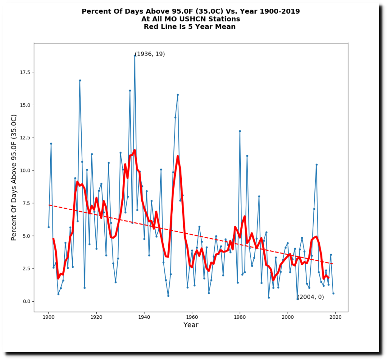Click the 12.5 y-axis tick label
(25, 138)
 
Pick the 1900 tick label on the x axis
(48, 317)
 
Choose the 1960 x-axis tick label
(192, 317)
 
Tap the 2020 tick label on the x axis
(336, 317)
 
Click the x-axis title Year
(191, 325)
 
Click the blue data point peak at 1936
(135, 56)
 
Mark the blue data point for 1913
(80, 80)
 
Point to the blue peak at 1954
(178, 95)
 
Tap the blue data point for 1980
(240, 131)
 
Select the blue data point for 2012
(316, 164)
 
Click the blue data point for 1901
(51, 143)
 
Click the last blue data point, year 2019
(333, 293)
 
